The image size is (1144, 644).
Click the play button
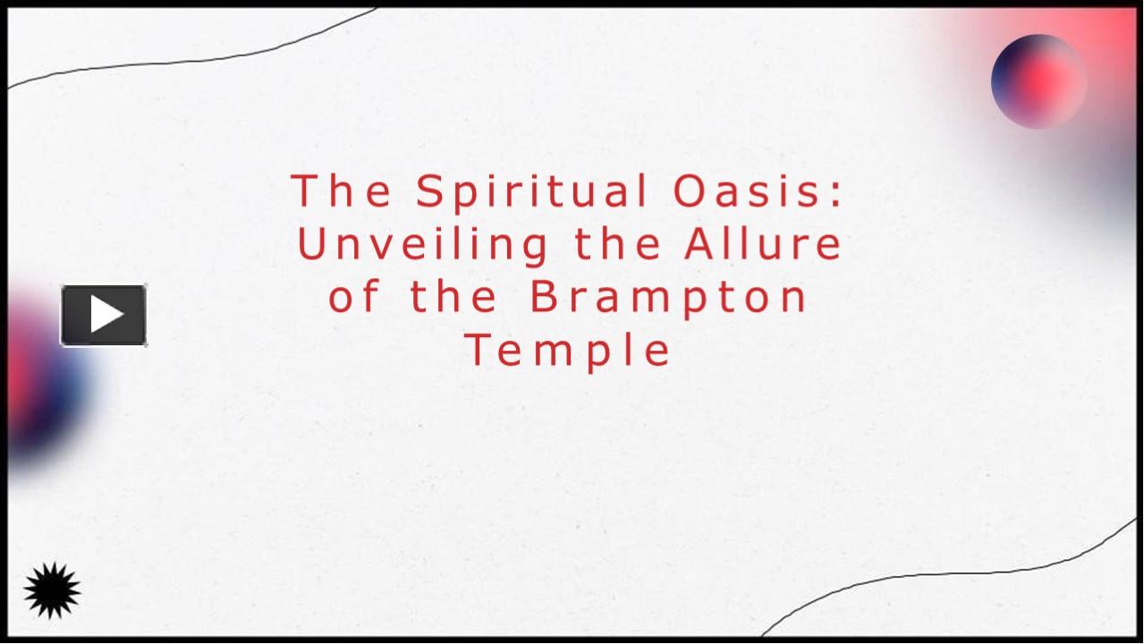104,315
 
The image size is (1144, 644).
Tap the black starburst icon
52,590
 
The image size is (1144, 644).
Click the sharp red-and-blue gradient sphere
1038,80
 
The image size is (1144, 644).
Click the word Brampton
669,297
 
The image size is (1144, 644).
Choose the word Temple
568,350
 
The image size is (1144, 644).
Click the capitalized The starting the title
342,192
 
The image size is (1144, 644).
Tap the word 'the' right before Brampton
453,297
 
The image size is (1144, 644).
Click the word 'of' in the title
354,297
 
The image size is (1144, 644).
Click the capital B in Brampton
544,297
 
